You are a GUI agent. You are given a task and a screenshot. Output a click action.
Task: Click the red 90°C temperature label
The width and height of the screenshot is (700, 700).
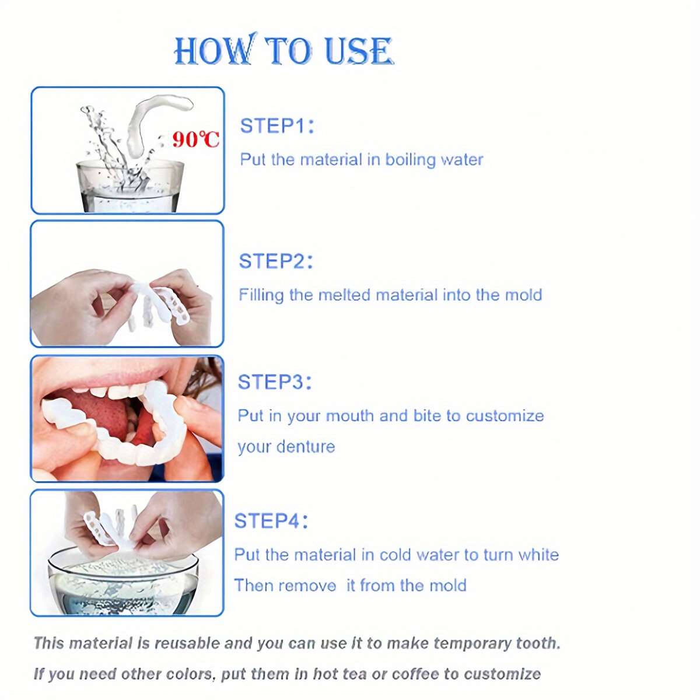[x=196, y=139]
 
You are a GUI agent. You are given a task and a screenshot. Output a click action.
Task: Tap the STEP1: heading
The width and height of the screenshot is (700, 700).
[x=277, y=126]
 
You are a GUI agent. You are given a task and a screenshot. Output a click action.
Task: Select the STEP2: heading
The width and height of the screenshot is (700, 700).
[x=276, y=261]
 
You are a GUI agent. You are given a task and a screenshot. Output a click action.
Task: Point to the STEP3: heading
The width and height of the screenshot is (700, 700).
[x=275, y=382]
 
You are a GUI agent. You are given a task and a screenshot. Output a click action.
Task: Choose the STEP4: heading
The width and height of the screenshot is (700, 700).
[x=271, y=521]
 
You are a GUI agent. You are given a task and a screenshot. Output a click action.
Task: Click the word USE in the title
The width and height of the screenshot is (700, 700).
[x=358, y=51]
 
